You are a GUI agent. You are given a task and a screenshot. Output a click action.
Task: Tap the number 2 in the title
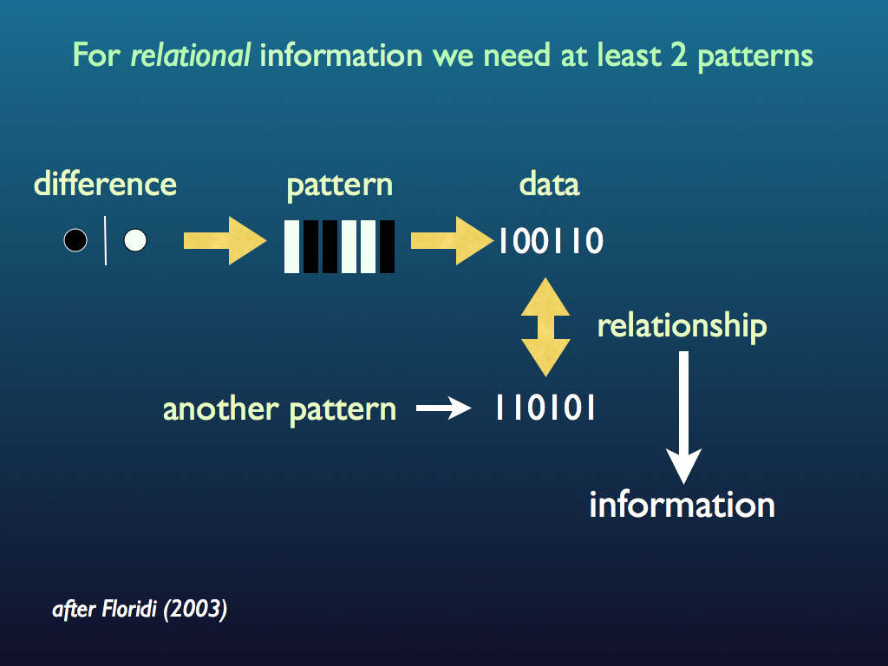pos(678,56)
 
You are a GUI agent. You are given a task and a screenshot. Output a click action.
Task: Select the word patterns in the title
pos(755,56)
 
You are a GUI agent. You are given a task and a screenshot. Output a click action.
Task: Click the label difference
pos(105,184)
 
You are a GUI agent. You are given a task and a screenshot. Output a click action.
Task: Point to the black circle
pos(75,240)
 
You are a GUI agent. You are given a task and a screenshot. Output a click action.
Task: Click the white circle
pos(134,240)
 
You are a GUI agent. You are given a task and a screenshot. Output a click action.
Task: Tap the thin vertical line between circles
pos(106,240)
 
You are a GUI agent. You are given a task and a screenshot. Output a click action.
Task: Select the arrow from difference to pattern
pos(224,240)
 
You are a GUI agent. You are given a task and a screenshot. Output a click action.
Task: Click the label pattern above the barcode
pos(339,184)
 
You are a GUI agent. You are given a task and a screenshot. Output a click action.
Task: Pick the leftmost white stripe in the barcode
pos(292,246)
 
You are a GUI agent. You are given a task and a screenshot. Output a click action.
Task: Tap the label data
pos(549,184)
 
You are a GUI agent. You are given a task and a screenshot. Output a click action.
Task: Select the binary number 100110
pos(550,241)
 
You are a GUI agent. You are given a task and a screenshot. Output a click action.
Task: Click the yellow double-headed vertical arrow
pos(545,327)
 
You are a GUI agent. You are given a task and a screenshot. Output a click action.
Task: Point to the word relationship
pos(682,326)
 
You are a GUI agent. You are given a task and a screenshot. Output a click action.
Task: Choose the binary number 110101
pos(545,408)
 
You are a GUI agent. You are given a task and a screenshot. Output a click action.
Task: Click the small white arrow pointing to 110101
pos(443,408)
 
